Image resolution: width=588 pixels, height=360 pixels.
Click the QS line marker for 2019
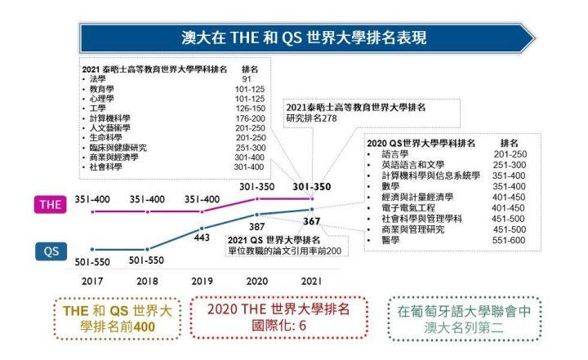point(202,228)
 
